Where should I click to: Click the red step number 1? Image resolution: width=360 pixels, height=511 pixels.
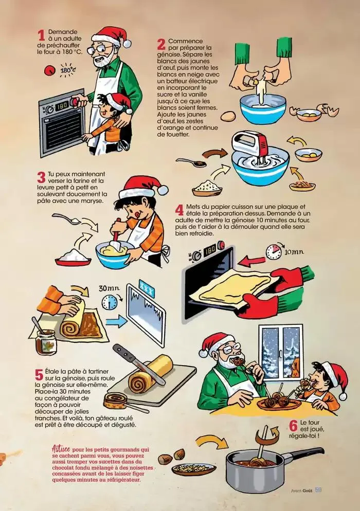41,35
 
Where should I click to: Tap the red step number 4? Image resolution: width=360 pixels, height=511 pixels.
179,210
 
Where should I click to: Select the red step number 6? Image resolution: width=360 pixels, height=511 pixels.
293,425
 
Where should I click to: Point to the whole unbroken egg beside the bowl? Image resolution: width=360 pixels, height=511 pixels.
228,116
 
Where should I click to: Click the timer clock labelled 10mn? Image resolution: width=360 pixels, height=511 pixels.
274,251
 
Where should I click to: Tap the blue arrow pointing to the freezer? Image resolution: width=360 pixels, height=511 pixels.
116,321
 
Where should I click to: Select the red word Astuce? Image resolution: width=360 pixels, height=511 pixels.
61,449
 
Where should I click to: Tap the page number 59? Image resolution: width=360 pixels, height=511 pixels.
318,490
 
